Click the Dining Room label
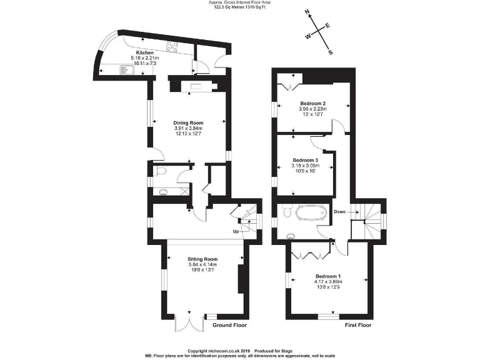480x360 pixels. [x=188, y=123]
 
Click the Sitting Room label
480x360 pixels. [x=202, y=259]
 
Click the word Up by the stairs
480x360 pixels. [x=236, y=232]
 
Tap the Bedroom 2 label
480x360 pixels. [x=312, y=103]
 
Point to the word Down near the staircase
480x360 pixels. [x=339, y=211]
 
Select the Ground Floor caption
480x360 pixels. [x=230, y=326]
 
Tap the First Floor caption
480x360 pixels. [x=359, y=326]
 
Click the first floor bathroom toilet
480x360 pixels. [x=287, y=212]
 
